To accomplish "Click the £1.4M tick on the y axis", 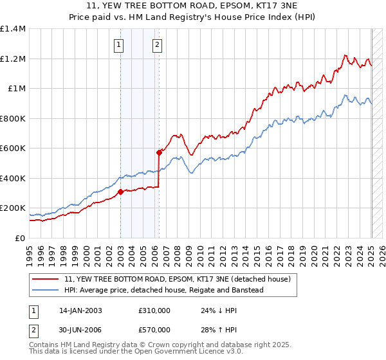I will pos(13,29).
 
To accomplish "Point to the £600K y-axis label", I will pos(13,148).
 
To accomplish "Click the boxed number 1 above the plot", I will pos(120,45).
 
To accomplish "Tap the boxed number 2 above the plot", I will pos(157,45).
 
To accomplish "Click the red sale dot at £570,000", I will pos(159,153).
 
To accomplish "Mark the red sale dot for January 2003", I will pos(120,192).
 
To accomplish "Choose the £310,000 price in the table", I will pos(154,310).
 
